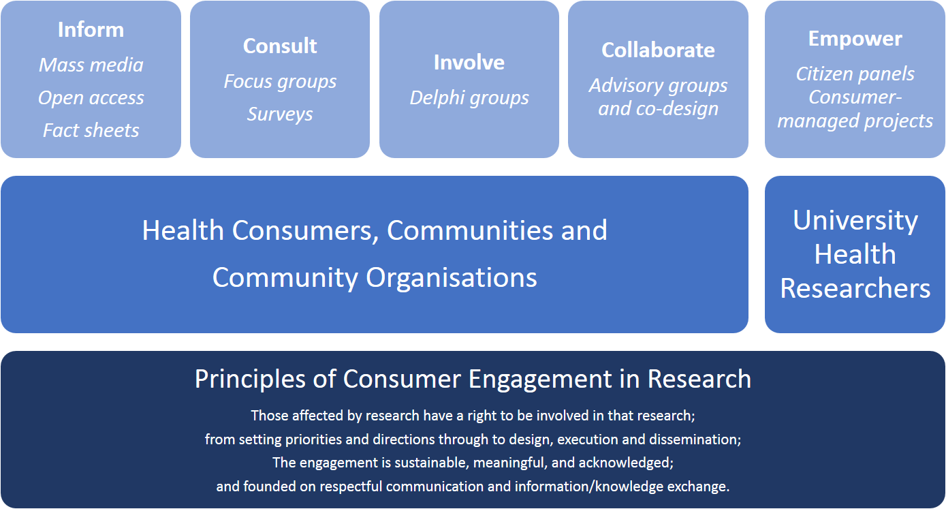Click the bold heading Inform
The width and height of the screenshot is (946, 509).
91,29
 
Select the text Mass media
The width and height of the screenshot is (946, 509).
91,65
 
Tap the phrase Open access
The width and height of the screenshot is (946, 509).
91,98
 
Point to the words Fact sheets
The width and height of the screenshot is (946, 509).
91,130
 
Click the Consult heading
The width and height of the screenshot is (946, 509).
280,46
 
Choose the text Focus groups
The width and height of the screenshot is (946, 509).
280,82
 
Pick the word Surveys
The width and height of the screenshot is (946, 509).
280,114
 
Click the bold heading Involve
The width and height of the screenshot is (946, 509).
469,63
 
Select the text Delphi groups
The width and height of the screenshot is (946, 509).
469,98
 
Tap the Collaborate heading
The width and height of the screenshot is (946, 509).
658,50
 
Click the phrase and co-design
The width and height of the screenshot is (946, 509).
658,108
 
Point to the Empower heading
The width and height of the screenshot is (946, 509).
855,39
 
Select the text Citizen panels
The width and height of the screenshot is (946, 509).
855,74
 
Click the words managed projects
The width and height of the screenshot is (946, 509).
855,121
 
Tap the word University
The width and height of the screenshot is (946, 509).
855,221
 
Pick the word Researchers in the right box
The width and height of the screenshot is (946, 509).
855,288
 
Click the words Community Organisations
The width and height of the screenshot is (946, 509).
375,278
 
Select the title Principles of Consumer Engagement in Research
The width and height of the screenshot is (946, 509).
473,378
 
